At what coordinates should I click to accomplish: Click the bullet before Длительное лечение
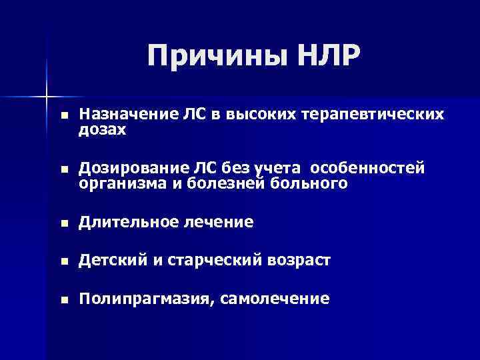point(63,223)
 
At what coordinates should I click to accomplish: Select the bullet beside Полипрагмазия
point(63,301)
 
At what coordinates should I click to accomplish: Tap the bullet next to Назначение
point(63,115)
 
